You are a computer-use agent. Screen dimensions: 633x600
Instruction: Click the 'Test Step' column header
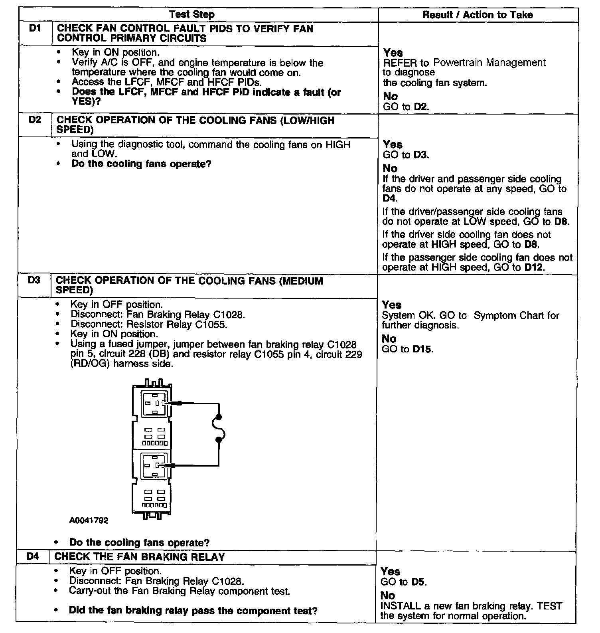pyautogui.click(x=192, y=15)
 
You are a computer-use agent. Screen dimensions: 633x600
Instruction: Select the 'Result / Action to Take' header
pyautogui.click(x=478, y=15)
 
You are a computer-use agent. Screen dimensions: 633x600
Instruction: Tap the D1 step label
pyautogui.click(x=36, y=28)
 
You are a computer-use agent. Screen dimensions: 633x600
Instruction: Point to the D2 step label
pyautogui.click(x=35, y=120)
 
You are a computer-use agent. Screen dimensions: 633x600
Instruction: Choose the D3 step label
pyautogui.click(x=34, y=280)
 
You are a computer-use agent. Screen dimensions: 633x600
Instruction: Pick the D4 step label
pyautogui.click(x=33, y=556)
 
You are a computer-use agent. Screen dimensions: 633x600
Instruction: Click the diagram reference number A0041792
pyautogui.click(x=89, y=520)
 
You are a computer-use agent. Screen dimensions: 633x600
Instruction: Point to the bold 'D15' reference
pyautogui.click(x=422, y=349)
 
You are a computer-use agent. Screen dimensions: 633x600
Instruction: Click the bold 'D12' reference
pyautogui.click(x=534, y=267)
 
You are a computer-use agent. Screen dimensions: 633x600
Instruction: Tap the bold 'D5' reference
pyautogui.click(x=418, y=582)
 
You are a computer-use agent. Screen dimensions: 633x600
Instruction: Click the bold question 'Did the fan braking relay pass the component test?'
pyautogui.click(x=193, y=611)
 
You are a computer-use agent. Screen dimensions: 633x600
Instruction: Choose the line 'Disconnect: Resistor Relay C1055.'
pyautogui.click(x=149, y=324)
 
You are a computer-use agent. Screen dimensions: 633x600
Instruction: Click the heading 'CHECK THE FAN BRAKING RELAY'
pyautogui.click(x=140, y=557)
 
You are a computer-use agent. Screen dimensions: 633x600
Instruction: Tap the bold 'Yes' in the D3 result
pyautogui.click(x=391, y=305)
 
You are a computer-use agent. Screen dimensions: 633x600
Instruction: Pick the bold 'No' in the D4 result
pyautogui.click(x=387, y=595)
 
